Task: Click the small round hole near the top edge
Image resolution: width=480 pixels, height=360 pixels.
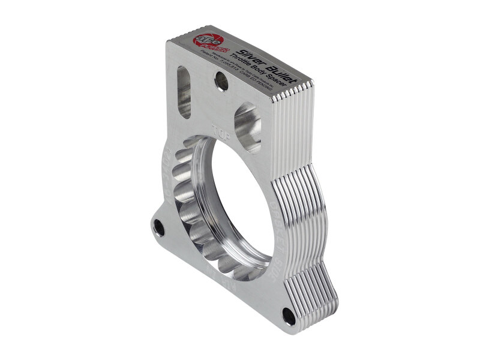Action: [221, 81]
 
